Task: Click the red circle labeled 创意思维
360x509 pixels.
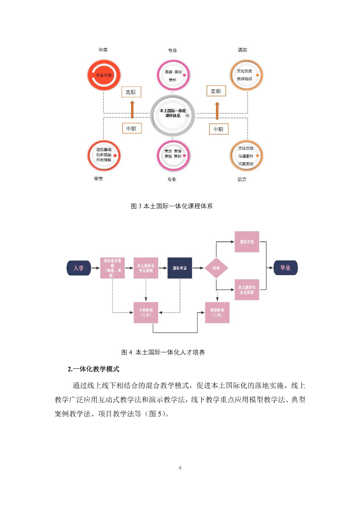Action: (x=104, y=75)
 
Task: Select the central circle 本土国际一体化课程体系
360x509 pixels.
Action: (x=173, y=115)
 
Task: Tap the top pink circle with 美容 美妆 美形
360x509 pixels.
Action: (x=173, y=75)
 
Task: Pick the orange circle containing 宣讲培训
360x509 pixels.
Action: (x=246, y=75)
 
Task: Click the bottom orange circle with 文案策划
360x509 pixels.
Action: (x=246, y=156)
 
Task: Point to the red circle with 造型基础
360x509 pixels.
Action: (x=104, y=156)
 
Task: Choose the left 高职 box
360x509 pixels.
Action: (x=131, y=92)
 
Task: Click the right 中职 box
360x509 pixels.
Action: (x=219, y=129)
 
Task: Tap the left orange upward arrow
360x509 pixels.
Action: (x=132, y=110)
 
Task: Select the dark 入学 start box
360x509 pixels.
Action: (x=79, y=268)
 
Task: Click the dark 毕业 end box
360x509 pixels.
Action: (x=286, y=268)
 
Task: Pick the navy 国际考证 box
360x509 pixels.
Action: (x=180, y=268)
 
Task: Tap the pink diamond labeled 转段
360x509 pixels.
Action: (x=216, y=268)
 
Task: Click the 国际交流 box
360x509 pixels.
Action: (x=247, y=242)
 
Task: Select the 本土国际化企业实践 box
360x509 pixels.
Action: (x=247, y=290)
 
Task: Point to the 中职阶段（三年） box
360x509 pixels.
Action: (x=146, y=313)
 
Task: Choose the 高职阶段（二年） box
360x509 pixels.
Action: (x=217, y=313)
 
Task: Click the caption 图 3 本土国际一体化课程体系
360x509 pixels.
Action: (x=172, y=206)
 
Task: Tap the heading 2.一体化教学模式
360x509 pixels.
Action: (x=93, y=369)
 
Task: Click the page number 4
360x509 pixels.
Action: (x=180, y=468)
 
